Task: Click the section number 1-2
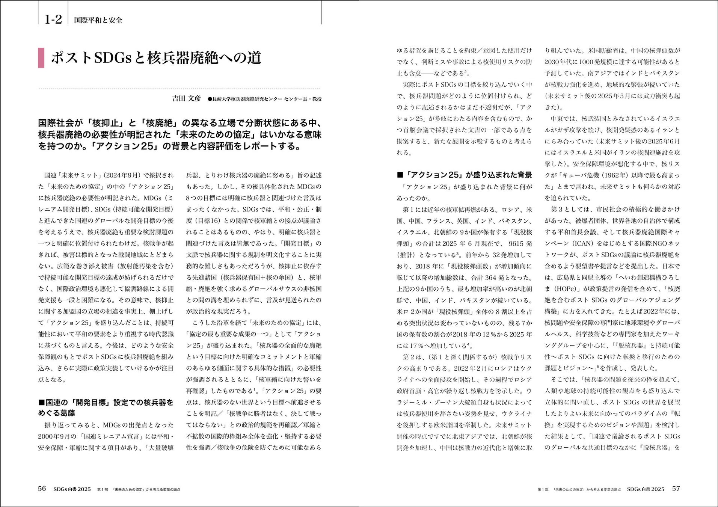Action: click(53, 19)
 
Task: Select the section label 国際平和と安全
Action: click(98, 20)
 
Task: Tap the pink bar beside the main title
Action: click(41, 58)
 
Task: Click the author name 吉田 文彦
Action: click(186, 98)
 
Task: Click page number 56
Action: click(42, 488)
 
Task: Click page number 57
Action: click(676, 489)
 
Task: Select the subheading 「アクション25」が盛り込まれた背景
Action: click(465, 175)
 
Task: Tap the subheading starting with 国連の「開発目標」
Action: click(106, 407)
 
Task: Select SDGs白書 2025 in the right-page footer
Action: click(645, 489)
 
